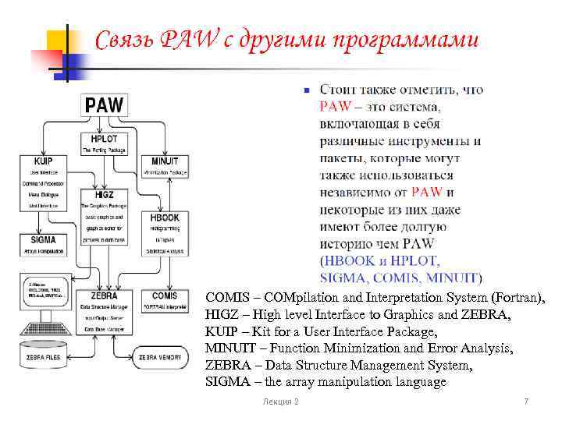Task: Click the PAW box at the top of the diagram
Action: coord(107,104)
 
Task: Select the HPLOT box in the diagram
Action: coord(108,143)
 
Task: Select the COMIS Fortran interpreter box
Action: coord(164,300)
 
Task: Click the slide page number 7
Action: coord(526,401)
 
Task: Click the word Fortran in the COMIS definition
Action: coord(516,297)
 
